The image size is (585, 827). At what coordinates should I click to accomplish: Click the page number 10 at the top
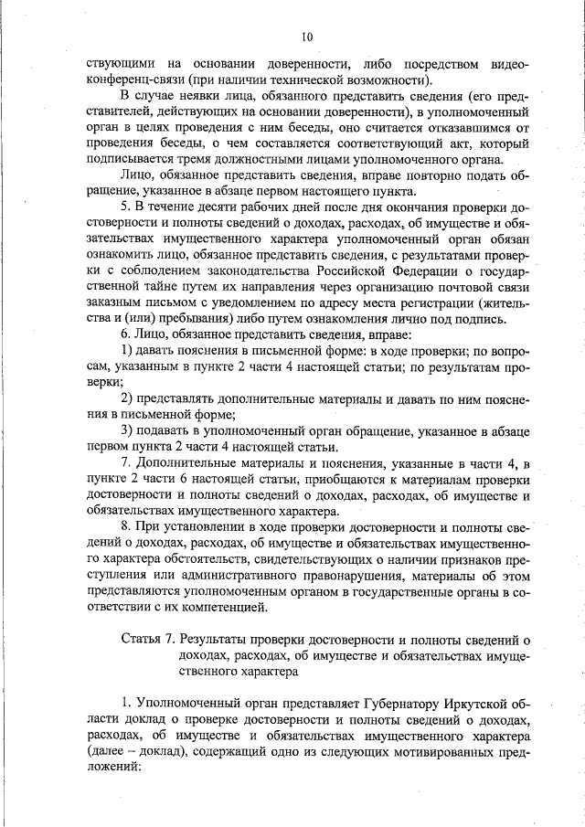(305, 37)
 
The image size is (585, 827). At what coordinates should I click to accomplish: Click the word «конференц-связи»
(139, 80)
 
